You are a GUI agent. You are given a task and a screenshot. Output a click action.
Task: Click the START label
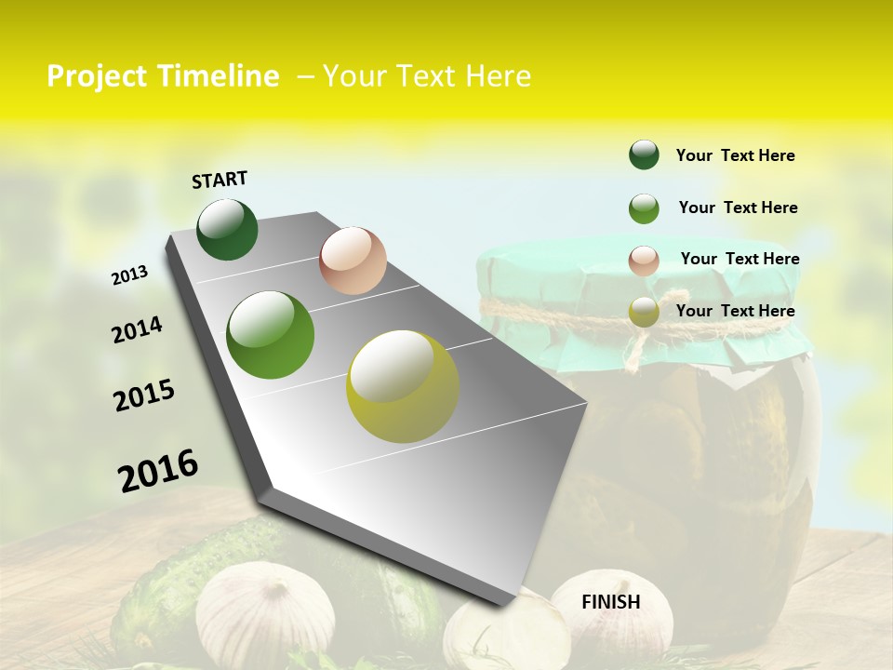tap(220, 179)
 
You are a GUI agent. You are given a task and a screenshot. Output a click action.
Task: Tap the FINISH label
tap(611, 602)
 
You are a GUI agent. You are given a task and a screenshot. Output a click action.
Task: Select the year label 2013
tap(129, 275)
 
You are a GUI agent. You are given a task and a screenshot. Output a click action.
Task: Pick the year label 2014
tap(137, 330)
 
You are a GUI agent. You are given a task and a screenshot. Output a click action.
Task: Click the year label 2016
tap(158, 471)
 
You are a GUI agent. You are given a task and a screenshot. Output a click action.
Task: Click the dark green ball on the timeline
tap(228, 230)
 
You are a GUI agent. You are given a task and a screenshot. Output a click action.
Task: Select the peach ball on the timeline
tap(353, 261)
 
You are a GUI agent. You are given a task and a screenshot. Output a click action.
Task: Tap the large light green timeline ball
tap(271, 335)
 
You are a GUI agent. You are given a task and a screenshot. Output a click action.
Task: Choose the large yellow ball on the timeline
tap(403, 386)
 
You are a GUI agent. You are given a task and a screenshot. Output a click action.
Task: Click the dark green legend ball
tap(644, 154)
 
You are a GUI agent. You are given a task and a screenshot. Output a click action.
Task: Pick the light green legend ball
tap(644, 208)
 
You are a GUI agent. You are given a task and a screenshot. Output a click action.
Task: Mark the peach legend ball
tap(644, 261)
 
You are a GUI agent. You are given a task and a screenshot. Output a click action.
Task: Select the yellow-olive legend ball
tap(644, 313)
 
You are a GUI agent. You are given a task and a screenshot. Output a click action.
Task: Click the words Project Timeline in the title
tap(163, 76)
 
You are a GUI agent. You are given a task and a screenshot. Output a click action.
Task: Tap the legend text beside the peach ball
tap(740, 259)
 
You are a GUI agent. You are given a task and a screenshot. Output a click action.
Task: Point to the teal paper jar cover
tap(642, 279)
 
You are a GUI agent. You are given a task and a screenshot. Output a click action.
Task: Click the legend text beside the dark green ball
tap(735, 155)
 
